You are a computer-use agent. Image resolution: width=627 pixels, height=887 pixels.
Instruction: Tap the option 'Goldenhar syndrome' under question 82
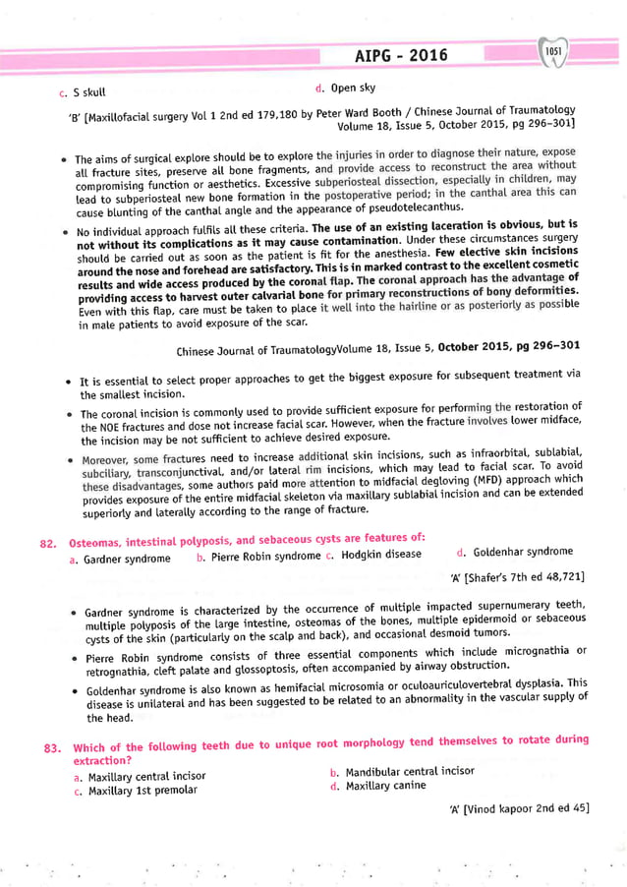pos(523,552)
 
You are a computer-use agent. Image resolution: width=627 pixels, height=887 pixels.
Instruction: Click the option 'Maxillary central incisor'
pos(146,776)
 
